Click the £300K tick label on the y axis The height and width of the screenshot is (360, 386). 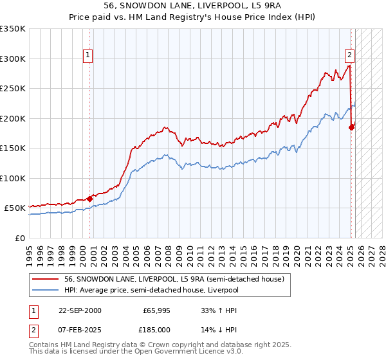coord(13,59)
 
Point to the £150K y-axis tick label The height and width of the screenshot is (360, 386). coord(13,148)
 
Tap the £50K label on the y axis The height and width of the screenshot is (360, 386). coord(15,208)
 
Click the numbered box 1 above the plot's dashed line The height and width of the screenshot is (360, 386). coord(88,55)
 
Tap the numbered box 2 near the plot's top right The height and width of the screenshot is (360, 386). coord(349,55)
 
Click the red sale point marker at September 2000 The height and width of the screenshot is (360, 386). coord(89,199)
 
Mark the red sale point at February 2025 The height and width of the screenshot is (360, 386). coord(351,127)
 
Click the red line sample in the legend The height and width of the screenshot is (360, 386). coord(44,278)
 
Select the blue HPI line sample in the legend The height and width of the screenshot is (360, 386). coord(44,291)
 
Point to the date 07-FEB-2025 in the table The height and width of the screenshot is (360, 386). coord(80,330)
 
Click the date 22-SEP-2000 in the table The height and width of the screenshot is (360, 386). coord(80,310)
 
